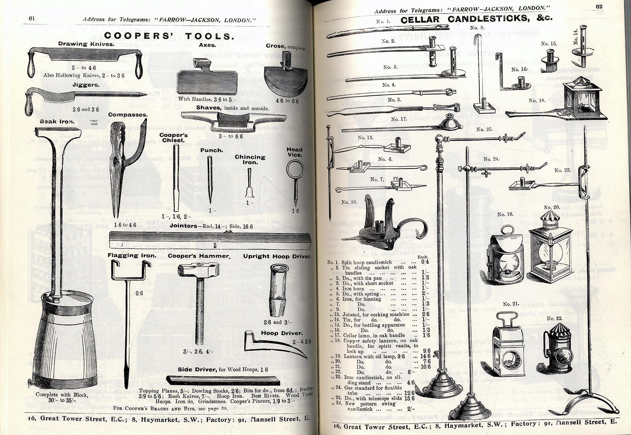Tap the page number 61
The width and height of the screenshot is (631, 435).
pos(32,19)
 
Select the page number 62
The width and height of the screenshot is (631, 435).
pos(599,6)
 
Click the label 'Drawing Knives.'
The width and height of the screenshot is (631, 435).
pos(86,44)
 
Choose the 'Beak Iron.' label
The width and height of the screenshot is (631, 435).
pos(57,122)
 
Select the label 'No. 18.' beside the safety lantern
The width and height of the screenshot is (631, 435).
pos(537,101)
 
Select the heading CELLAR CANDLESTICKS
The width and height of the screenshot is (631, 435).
pos(476,19)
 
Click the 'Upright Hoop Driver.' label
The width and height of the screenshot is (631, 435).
pos(277,257)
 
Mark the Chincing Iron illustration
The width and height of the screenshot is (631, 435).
pos(249,184)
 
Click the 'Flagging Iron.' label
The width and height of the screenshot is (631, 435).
pos(132,256)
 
